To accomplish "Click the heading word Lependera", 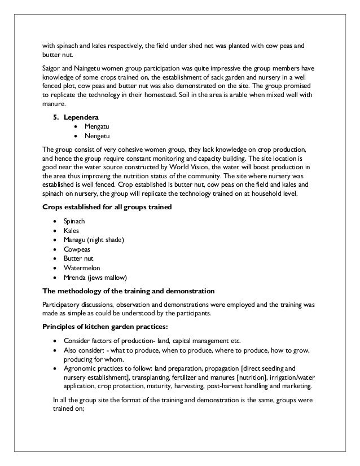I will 82,117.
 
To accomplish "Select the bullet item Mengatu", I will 96,127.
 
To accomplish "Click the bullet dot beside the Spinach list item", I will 54,222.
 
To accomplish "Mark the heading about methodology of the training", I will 128,291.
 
